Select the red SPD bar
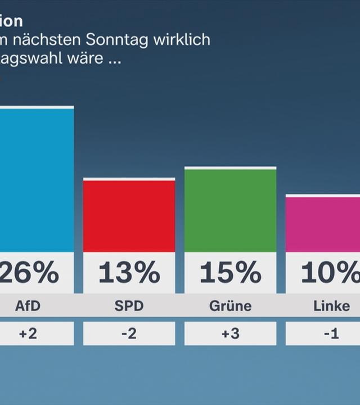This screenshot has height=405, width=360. click(129, 216)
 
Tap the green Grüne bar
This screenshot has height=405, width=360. click(230, 210)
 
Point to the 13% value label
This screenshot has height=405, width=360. click(129, 273)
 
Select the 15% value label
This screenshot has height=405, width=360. click(230, 273)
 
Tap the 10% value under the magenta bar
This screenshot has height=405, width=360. click(329, 273)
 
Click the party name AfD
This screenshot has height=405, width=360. click(28, 306)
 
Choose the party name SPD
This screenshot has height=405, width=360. click(129, 306)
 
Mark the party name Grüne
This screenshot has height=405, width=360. click(230, 306)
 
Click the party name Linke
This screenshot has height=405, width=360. click(331, 306)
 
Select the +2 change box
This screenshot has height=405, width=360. click(28, 334)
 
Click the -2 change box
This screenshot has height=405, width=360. click(129, 334)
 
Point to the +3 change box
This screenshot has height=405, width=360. click(230, 334)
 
